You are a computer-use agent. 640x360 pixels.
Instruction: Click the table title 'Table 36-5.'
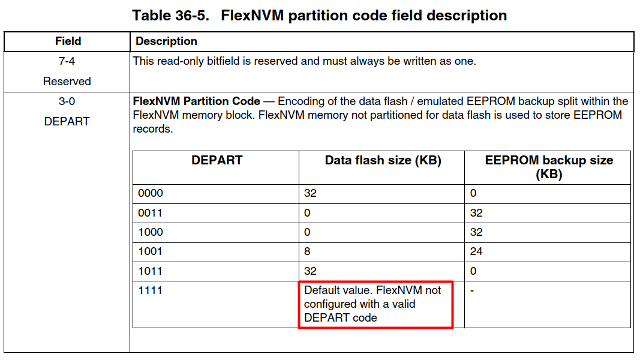pyautogui.click(x=170, y=16)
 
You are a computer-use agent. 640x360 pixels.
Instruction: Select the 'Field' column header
pyautogui.click(x=68, y=41)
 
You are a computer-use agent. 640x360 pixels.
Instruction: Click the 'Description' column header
pyautogui.click(x=166, y=41)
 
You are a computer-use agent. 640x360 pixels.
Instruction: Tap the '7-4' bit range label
pyautogui.click(x=67, y=61)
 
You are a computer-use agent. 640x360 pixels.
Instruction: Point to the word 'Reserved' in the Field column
pyautogui.click(x=67, y=81)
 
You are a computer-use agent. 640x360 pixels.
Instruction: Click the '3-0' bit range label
pyautogui.click(x=67, y=101)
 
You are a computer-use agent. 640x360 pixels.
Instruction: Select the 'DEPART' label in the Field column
pyautogui.click(x=67, y=121)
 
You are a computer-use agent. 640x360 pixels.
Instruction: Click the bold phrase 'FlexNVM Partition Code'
pyautogui.click(x=196, y=101)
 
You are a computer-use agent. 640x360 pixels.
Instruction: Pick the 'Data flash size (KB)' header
pyautogui.click(x=383, y=160)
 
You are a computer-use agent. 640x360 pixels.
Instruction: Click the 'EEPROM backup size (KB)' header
pyautogui.click(x=549, y=167)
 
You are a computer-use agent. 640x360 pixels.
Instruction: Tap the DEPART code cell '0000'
pyautogui.click(x=151, y=193)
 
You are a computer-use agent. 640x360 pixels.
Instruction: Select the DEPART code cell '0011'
pyautogui.click(x=151, y=213)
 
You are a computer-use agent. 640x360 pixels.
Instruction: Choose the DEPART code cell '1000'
pyautogui.click(x=151, y=232)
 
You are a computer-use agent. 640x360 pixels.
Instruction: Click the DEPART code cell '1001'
pyautogui.click(x=151, y=251)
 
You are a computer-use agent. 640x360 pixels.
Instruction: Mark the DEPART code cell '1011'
pyautogui.click(x=151, y=271)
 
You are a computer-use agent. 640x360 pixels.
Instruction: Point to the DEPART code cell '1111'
pyautogui.click(x=151, y=290)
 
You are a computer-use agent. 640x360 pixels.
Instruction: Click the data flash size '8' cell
pyautogui.click(x=308, y=251)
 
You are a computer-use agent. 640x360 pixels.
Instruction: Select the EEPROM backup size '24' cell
pyautogui.click(x=476, y=251)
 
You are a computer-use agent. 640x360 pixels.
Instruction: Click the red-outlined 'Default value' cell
pyautogui.click(x=375, y=304)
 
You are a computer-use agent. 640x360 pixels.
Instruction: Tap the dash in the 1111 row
pyautogui.click(x=472, y=290)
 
